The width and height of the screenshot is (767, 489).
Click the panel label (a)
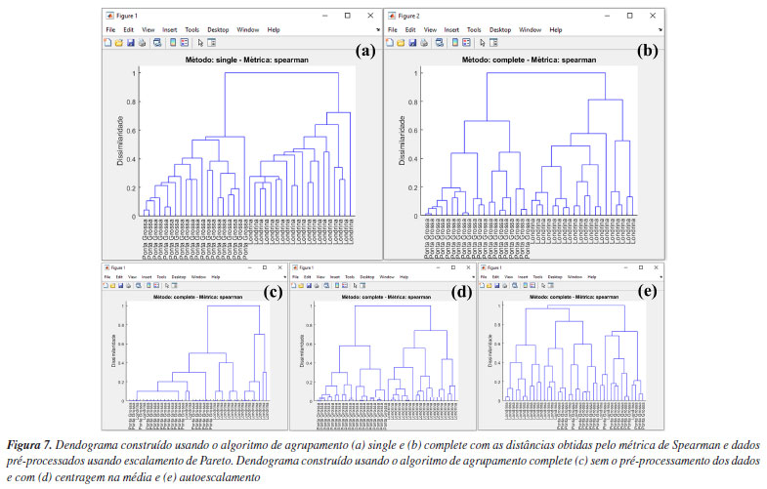pos(366,52)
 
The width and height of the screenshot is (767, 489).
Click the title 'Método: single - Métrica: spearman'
pos(239,60)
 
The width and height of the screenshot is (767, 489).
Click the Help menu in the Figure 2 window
pos(555,30)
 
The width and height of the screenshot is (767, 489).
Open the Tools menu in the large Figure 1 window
pos(194,30)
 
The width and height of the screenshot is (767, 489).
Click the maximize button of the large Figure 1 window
pos(347,16)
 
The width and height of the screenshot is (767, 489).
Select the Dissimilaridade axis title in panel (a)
pos(120,143)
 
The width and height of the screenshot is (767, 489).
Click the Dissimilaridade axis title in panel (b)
pos(401,143)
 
